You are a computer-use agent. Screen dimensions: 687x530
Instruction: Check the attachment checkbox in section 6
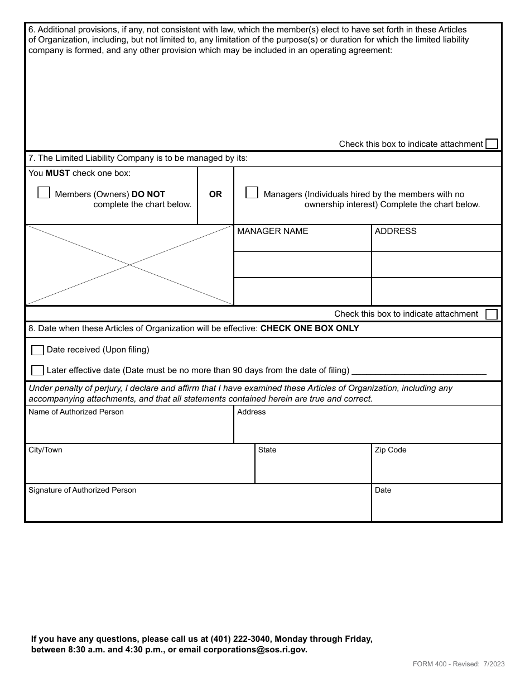492,144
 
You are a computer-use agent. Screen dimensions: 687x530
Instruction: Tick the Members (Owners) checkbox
44,193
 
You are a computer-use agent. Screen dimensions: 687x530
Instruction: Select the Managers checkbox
252,193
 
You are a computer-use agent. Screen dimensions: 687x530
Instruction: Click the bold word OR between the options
215,194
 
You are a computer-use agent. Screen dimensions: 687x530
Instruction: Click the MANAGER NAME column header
272,231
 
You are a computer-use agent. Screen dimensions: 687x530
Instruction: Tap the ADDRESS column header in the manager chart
396,231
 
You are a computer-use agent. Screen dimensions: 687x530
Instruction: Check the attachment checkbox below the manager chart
492,314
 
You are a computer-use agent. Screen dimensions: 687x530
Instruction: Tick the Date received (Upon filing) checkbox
37,350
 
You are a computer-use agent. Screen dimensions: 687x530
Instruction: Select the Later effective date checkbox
37,370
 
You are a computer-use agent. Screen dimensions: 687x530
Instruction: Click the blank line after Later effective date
419,371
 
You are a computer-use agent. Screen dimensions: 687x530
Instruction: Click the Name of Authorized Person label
76,412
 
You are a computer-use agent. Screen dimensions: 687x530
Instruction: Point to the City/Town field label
45,450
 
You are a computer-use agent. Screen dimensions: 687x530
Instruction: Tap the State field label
267,450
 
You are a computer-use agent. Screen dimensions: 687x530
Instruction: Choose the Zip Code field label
391,450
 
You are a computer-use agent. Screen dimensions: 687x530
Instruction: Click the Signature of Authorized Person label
82,490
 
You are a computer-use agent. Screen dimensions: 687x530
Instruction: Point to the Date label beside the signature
383,490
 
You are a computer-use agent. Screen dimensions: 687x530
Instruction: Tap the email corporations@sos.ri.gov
255,650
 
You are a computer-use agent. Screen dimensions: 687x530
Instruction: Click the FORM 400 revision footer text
459,664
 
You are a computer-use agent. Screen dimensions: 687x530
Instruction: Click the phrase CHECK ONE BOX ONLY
310,328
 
